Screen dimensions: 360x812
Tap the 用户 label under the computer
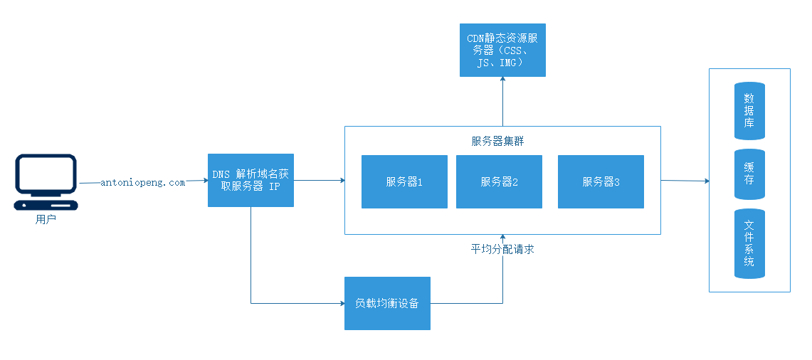coord(46,219)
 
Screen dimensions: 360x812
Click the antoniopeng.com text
coord(143,182)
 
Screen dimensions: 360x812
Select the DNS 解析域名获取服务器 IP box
coord(251,180)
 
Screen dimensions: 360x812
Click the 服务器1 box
coord(404,181)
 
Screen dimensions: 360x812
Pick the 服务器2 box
coord(499,181)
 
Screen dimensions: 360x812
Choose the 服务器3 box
coord(601,181)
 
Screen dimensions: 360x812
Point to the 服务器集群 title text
coord(498,140)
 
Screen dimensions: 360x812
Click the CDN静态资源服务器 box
coord(502,50)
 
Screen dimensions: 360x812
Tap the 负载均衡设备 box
coord(387,303)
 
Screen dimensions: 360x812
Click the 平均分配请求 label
coord(502,249)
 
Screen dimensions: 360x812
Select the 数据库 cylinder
coord(749,110)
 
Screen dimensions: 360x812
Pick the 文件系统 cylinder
coord(749,244)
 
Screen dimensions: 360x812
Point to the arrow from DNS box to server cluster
coord(319,181)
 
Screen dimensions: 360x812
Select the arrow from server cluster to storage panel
coord(685,181)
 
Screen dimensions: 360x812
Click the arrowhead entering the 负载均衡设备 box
coord(341,304)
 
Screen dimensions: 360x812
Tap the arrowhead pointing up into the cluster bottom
coord(502,237)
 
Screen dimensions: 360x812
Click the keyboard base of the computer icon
coord(47,206)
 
